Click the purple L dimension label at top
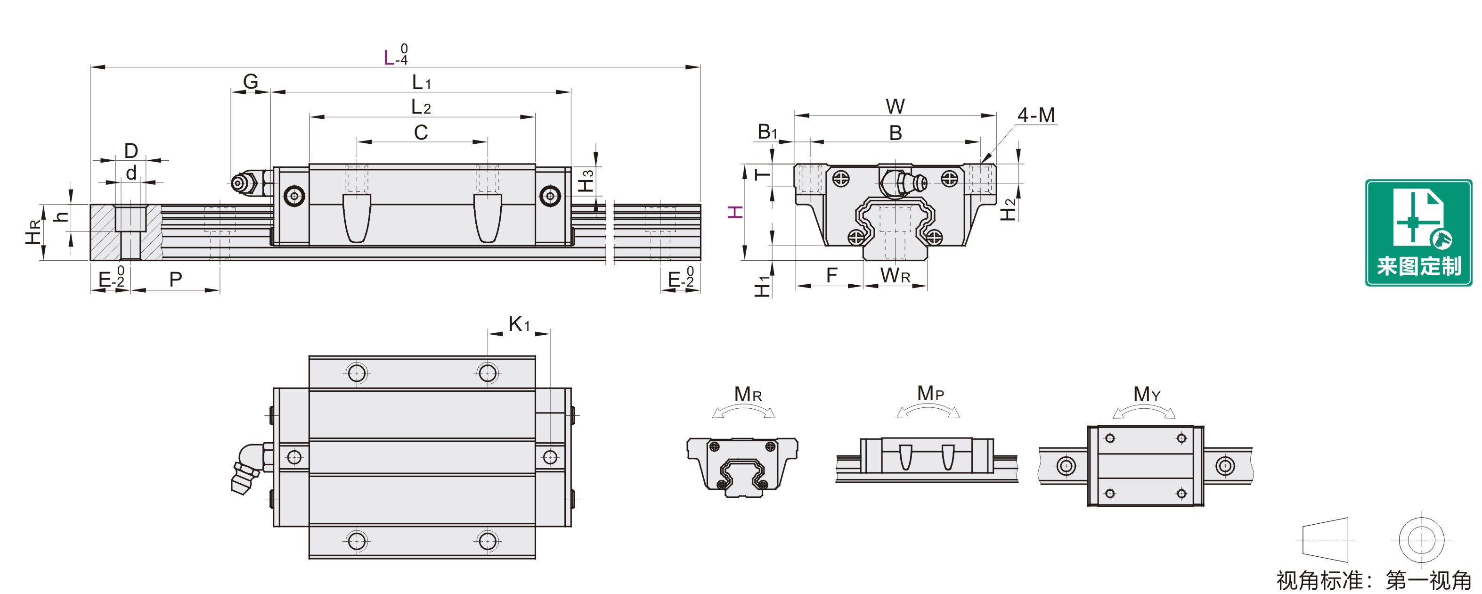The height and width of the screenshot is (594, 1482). (390, 58)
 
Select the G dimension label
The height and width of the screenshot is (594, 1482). (250, 82)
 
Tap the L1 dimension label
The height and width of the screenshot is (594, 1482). (421, 83)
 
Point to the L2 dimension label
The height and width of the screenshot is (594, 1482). (421, 107)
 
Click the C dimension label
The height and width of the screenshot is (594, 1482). (421, 132)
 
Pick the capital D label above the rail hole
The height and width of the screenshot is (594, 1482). (131, 151)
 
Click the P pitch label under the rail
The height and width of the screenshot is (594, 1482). (175, 280)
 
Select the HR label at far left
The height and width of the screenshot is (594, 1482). (34, 232)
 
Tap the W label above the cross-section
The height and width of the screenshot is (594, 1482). (895, 107)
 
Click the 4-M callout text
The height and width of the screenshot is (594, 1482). (1036, 115)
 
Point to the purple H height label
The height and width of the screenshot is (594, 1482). (736, 212)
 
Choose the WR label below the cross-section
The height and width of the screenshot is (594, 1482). (895, 276)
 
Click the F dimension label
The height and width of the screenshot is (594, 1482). (831, 276)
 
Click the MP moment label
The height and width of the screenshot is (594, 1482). (930, 394)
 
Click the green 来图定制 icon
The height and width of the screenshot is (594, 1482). (1418, 232)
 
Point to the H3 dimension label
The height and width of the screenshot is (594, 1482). (586, 181)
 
